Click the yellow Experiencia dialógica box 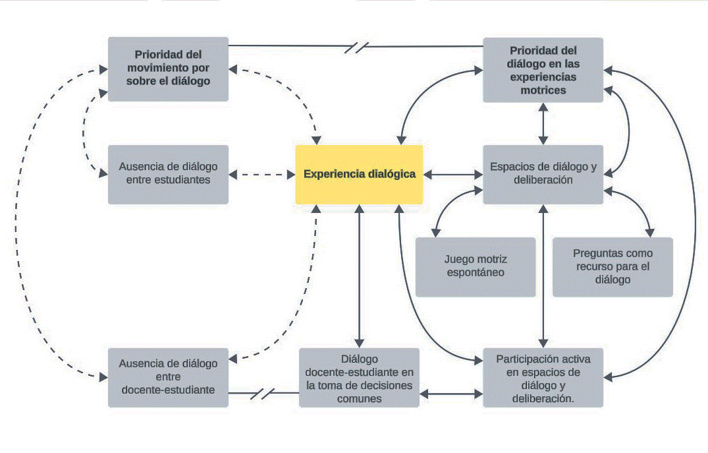pos(360,175)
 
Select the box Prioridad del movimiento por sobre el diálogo pos(168,69)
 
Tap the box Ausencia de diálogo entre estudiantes pos(168,175)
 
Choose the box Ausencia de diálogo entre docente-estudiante pos(168,377)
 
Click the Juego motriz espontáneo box pos(476,267)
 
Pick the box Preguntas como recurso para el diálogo pos(613,267)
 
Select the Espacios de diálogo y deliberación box pos(543,175)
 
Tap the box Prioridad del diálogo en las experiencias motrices pos(543,70)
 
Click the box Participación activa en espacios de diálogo pos(543,377)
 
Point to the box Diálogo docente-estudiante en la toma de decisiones pos(360,377)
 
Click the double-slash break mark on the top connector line pos(357,47)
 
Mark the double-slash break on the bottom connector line pos(263,393)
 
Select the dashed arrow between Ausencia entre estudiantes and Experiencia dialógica pos(262,175)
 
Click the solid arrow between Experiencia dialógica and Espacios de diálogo pos(453,175)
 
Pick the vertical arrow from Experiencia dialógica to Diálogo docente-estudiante pos(360,276)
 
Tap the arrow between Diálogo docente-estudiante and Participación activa pos(451,394)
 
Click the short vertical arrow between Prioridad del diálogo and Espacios pos(543,124)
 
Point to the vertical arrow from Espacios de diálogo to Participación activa pos(543,276)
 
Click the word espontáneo pos(476,272)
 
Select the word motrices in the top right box pos(543,90)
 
